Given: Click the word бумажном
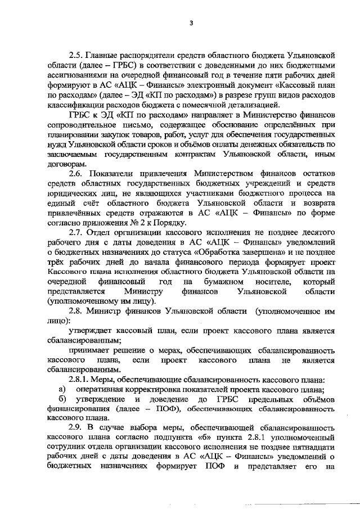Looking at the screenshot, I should (x=224, y=281).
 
